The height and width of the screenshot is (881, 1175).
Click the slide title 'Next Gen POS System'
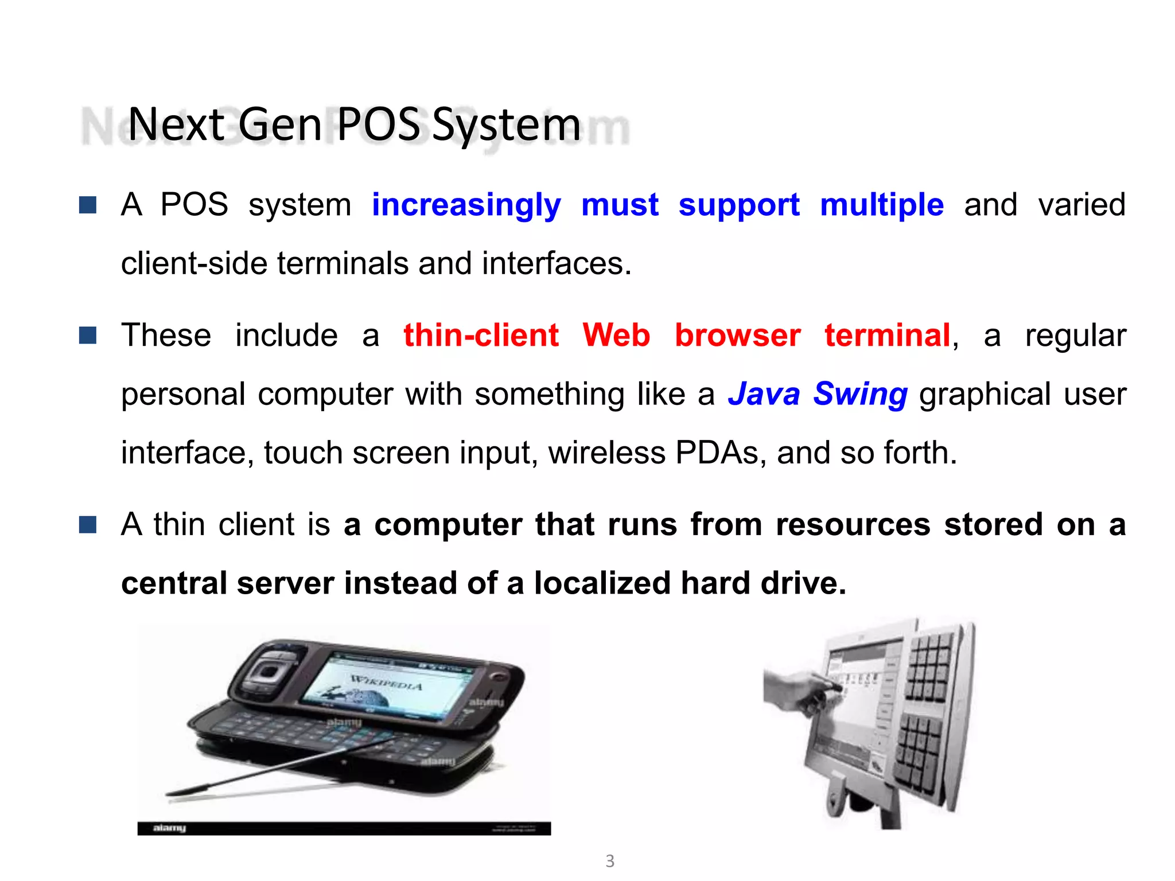click(x=354, y=124)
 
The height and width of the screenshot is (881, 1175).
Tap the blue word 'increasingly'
click(x=466, y=205)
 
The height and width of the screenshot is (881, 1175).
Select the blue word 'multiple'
click(x=881, y=205)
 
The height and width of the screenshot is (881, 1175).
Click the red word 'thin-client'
click(x=481, y=335)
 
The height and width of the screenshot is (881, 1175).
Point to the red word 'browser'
click(x=737, y=335)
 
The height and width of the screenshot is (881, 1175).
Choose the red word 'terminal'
click(x=887, y=335)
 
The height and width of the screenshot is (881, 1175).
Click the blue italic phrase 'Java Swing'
click(x=818, y=395)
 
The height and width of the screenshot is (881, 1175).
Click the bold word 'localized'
click(x=602, y=583)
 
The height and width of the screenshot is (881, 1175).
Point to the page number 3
click(x=610, y=861)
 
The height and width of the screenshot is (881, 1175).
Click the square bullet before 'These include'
click(x=88, y=335)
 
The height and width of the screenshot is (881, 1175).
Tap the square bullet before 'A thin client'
click(x=88, y=524)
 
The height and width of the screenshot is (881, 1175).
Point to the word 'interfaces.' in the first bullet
click(x=557, y=264)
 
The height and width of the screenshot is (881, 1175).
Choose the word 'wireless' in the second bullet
click(x=606, y=453)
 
